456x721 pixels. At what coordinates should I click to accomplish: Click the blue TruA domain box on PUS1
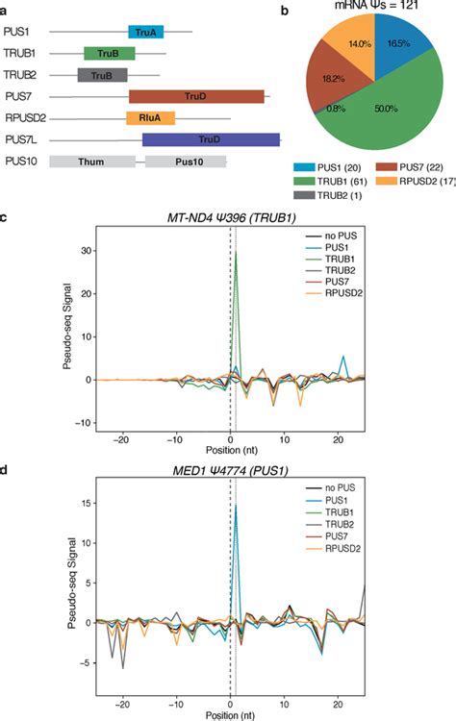(x=146, y=32)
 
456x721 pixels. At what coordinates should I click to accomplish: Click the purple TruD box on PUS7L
(x=211, y=139)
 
